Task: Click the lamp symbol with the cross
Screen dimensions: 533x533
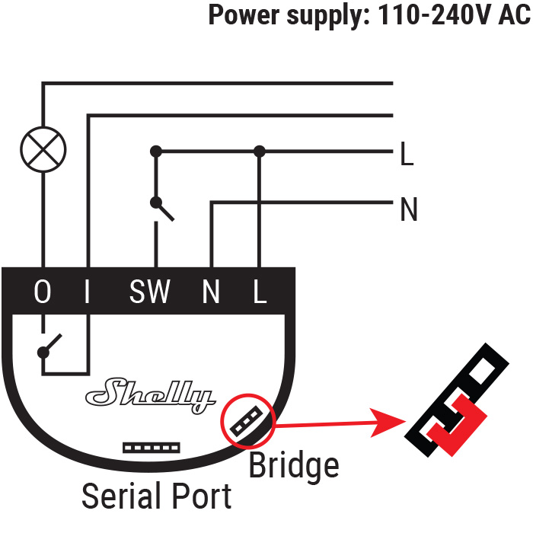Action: click(x=43, y=149)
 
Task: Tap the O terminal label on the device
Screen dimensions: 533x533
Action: click(x=43, y=292)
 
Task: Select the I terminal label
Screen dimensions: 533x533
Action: click(x=87, y=292)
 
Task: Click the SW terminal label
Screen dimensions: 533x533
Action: click(x=149, y=292)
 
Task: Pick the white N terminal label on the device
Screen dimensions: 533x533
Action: click(x=211, y=292)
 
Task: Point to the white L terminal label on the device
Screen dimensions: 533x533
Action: click(x=260, y=292)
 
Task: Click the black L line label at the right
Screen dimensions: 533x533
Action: click(x=407, y=154)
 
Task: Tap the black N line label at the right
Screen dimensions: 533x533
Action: click(x=409, y=209)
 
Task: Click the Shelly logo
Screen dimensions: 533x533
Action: click(x=151, y=395)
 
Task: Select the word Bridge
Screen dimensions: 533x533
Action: click(x=294, y=466)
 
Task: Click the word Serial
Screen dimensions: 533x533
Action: click(x=121, y=496)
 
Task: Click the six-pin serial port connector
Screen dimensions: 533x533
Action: click(x=152, y=448)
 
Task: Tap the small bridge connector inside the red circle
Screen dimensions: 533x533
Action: click(x=247, y=421)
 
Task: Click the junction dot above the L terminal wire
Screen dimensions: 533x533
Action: click(x=260, y=151)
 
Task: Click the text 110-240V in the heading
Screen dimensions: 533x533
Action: click(x=435, y=15)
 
